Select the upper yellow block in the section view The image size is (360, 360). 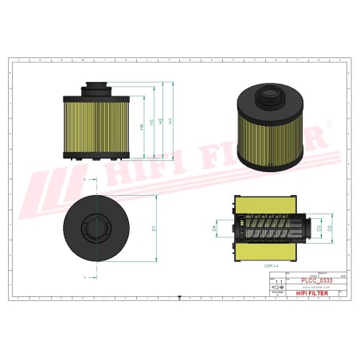tap(271, 202)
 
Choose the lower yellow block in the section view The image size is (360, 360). tap(271, 252)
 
